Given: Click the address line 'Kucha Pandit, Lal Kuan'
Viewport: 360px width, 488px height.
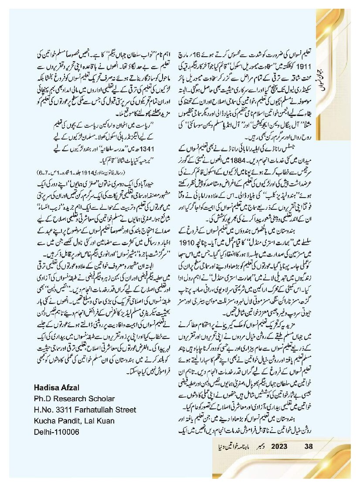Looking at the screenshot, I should [x=74, y=421].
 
